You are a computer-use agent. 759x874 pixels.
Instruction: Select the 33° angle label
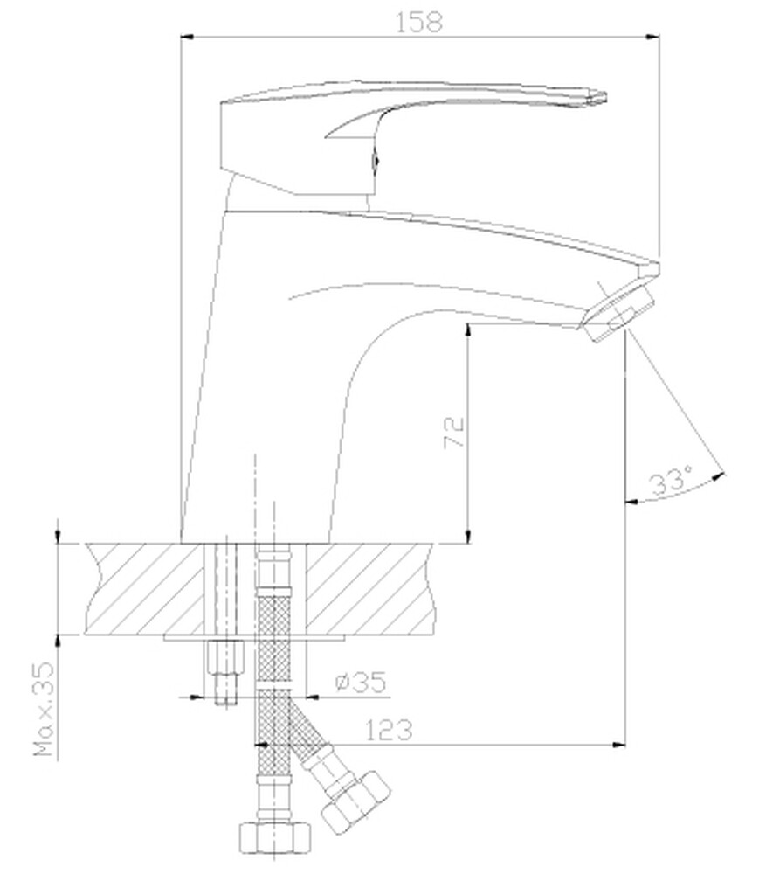click(670, 481)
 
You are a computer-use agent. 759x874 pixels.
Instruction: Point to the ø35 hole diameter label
click(360, 682)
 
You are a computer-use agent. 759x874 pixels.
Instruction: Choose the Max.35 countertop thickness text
click(45, 709)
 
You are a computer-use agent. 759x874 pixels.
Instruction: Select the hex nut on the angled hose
click(355, 800)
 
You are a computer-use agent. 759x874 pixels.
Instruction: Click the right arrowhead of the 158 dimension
click(652, 37)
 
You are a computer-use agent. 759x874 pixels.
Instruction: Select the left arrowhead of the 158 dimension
click(187, 37)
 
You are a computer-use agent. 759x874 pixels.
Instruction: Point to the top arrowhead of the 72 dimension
click(469, 329)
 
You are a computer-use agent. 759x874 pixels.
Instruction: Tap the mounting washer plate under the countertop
click(253, 638)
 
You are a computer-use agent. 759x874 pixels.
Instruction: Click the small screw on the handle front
click(376, 161)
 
